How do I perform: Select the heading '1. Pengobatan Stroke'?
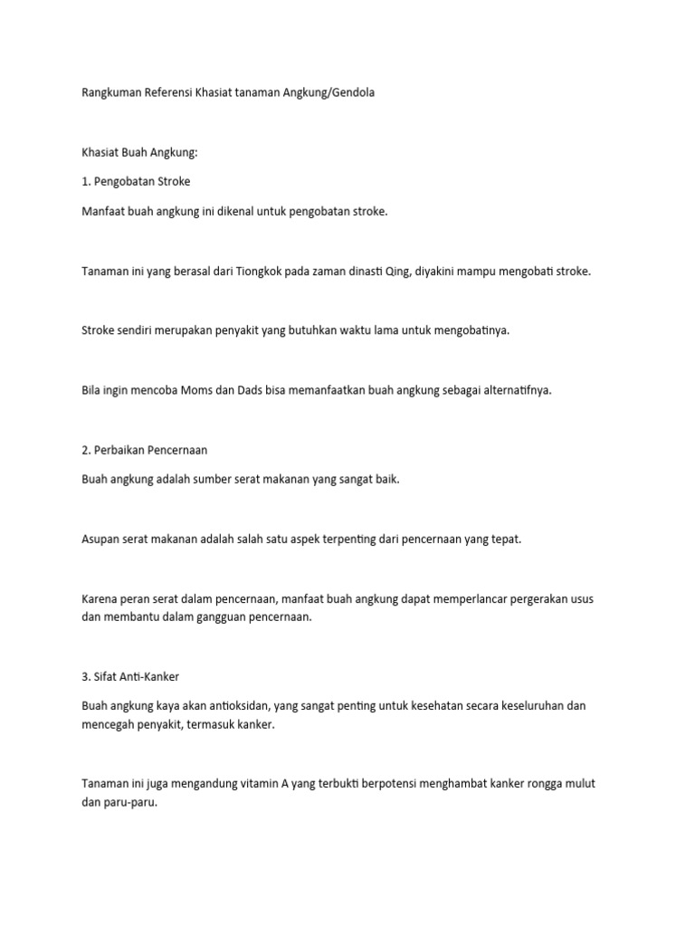point(136,181)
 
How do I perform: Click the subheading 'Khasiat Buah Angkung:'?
point(138,152)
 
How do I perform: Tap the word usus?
point(581,599)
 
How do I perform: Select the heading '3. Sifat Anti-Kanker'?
point(136,675)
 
